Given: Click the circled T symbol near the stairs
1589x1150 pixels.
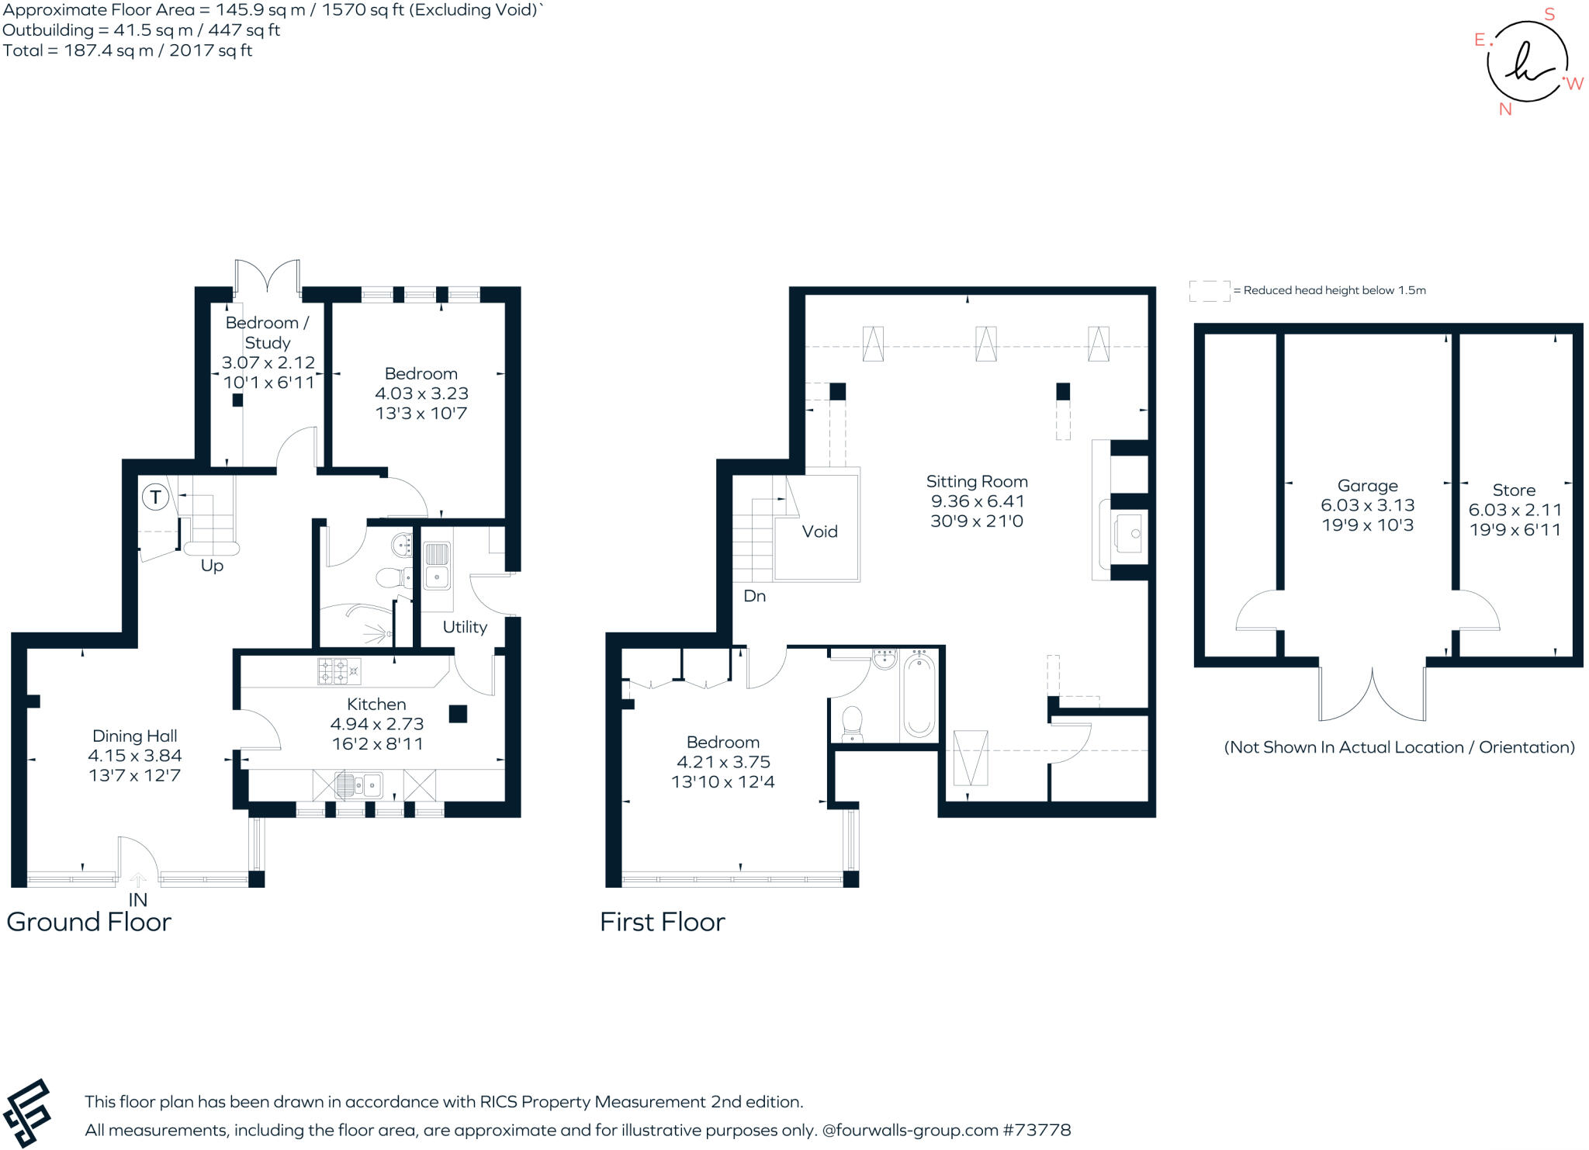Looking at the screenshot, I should pos(156,497).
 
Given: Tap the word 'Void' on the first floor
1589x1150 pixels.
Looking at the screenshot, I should pos(819,532).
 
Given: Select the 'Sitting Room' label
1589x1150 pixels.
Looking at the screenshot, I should pos(976,482).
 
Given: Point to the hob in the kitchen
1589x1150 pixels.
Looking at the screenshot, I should pos(339,671).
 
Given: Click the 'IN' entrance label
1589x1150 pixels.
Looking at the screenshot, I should pos(137,900).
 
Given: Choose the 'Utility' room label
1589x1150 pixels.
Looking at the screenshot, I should pos(465,627).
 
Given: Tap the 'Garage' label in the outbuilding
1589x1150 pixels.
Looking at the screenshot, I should pos(1367,486).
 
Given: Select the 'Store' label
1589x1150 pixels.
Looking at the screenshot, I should pos(1514,490).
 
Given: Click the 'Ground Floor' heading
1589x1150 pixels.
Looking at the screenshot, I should pos(88,922).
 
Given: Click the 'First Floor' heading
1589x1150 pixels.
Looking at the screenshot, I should pos(662,922).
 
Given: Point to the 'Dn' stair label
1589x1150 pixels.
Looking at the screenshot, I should pos(754,596).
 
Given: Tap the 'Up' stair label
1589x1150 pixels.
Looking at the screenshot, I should pos(212,566).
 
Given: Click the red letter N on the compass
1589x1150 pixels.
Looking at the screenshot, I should pos(1505,109).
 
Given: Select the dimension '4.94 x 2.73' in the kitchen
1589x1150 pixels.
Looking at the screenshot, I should pos(376,724).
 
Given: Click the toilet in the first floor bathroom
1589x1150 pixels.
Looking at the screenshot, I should pos(852,722).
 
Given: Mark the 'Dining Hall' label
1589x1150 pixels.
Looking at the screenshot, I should pos(134,736).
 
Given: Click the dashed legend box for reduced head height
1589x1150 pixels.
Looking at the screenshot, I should pos(1209,291).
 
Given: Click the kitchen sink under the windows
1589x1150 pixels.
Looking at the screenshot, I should pos(358,785).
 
